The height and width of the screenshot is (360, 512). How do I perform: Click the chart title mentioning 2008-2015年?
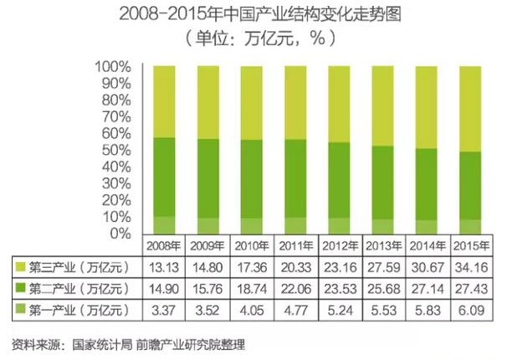click(x=256, y=14)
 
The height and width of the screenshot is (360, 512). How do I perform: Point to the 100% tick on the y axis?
click(x=111, y=66)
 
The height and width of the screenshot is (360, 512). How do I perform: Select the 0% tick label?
click(x=119, y=232)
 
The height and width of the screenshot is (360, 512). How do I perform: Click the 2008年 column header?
click(x=164, y=246)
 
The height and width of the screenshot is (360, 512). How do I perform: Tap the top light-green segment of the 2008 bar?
click(x=164, y=100)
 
